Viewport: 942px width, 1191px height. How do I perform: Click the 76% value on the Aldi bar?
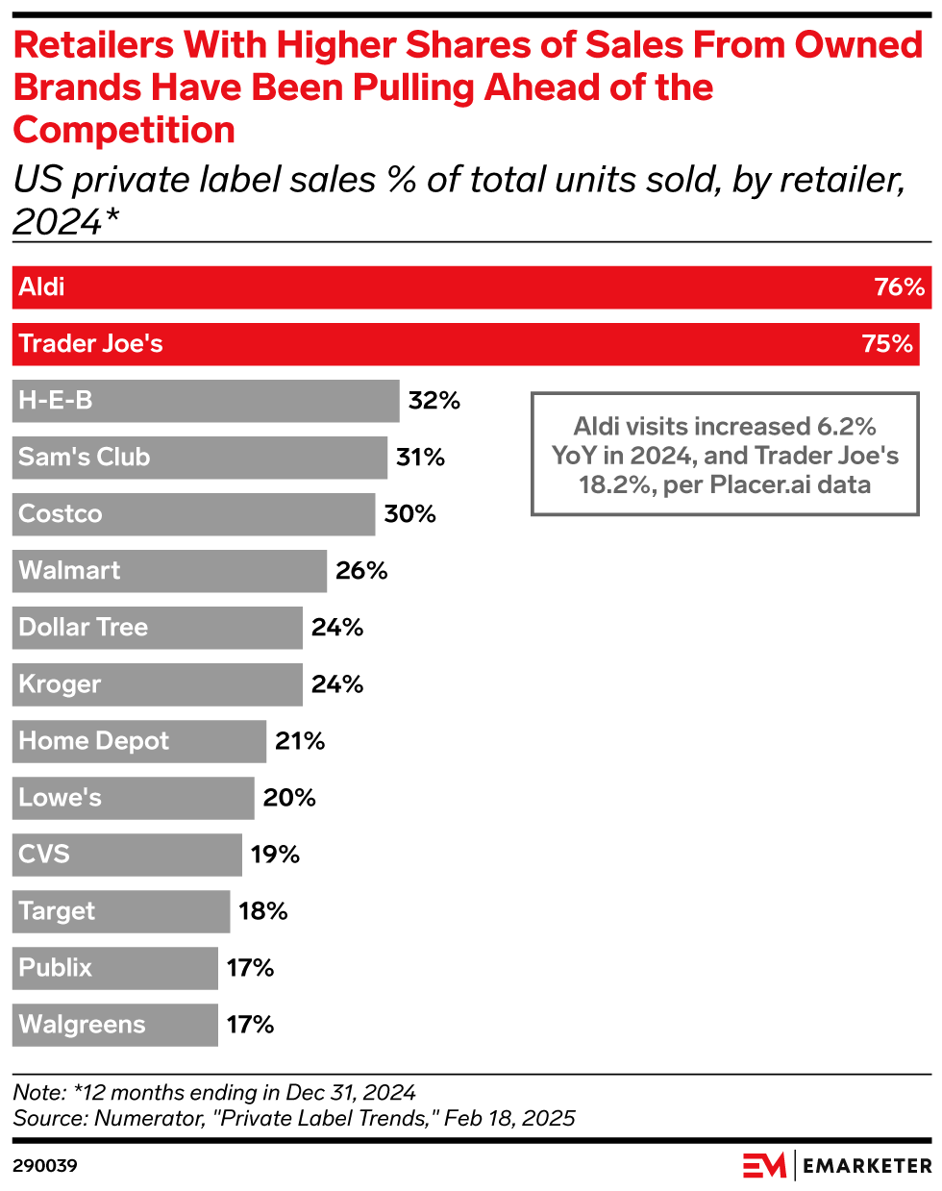899,287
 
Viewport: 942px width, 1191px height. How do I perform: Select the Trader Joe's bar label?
90,344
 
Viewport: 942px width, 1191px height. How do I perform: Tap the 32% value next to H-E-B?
434,401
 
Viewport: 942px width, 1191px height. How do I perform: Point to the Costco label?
60,514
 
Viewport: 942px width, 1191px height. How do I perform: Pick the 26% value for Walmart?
361,571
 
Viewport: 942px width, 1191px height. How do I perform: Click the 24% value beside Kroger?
337,684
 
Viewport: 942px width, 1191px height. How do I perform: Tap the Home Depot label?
93,741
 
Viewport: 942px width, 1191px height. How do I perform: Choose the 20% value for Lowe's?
289,798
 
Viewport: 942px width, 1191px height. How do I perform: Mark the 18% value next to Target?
263,911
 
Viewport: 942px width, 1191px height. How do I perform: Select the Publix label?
55,968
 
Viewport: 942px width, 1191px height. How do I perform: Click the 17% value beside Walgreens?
250,1025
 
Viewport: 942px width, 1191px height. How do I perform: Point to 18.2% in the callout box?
615,484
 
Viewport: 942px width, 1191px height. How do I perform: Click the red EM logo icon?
764,1165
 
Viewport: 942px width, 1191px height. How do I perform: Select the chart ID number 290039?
45,1166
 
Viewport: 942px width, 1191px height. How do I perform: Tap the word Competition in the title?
124,130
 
